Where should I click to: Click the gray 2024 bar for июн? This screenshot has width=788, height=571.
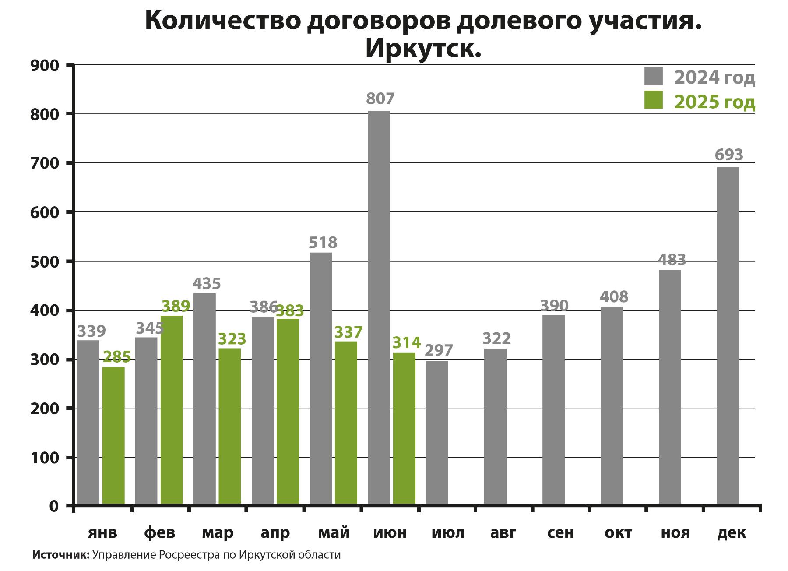tap(379, 307)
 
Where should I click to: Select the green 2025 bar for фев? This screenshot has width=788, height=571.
tap(172, 409)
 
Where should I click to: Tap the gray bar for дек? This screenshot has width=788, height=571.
tap(728, 335)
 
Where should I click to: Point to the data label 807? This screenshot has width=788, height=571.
tap(380, 99)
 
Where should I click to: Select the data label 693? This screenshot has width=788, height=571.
tap(729, 155)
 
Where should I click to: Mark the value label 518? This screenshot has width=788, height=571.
tap(323, 243)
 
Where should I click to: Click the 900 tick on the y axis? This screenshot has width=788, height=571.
tap(44, 66)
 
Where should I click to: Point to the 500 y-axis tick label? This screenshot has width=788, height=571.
tap(44, 261)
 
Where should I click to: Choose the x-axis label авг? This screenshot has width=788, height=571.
tap(503, 533)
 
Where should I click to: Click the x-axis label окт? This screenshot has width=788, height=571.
tap(618, 533)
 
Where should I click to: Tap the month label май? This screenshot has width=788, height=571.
tap(334, 533)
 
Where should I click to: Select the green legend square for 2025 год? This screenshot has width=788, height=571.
tap(654, 100)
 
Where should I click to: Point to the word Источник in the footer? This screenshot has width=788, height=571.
tap(60, 555)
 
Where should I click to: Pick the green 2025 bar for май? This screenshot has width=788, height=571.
tap(346, 423)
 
